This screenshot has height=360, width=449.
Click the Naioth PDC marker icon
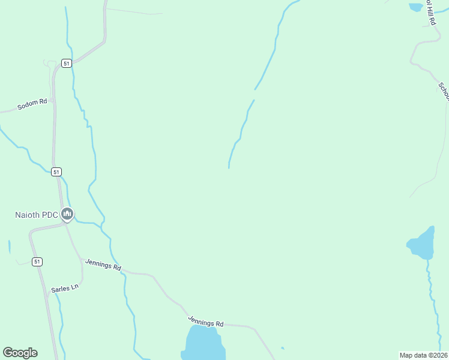pyautogui.click(x=67, y=214)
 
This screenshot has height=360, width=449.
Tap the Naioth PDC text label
pyautogui.click(x=37, y=215)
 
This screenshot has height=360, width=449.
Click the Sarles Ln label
pyautogui.click(x=65, y=288)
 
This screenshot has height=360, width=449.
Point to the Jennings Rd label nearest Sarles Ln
pyautogui.click(x=103, y=264)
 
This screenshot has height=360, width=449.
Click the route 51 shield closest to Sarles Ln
pyautogui.click(x=37, y=262)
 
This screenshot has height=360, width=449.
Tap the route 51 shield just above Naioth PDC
pyautogui.click(x=56, y=172)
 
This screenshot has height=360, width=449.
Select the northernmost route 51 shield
pyautogui.click(x=66, y=63)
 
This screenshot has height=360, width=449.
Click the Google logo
pyautogui.click(x=20, y=353)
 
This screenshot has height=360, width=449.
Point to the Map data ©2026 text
pyautogui.click(x=423, y=355)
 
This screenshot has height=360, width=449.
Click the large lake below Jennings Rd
pyautogui.click(x=205, y=343)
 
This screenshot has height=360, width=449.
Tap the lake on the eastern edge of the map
pyautogui.click(x=423, y=244)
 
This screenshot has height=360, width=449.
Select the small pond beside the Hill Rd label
pyautogui.click(x=415, y=7)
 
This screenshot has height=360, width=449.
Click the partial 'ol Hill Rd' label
pyautogui.click(x=430, y=12)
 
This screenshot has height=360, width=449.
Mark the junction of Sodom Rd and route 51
pyautogui.click(x=53, y=100)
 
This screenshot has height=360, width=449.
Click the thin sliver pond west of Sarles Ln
pyautogui.click(x=10, y=247)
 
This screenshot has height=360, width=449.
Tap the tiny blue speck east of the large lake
pyautogui.click(x=282, y=348)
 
